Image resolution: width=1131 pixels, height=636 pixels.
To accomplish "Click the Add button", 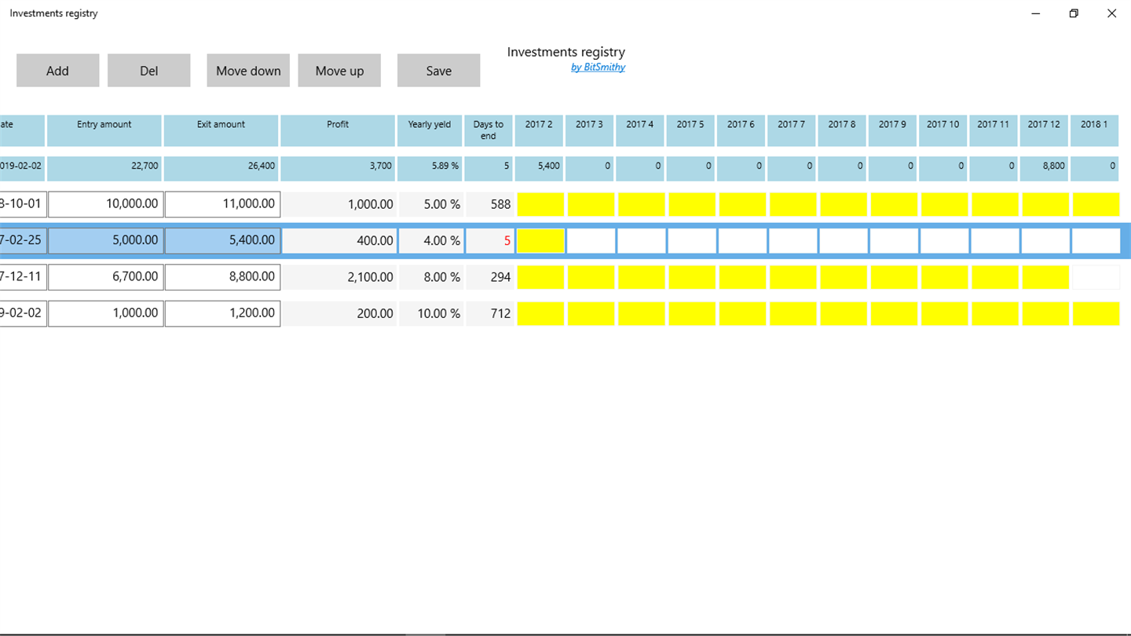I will pyautogui.click(x=57, y=71).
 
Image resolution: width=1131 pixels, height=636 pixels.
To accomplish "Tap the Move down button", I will pyautogui.click(x=248, y=71).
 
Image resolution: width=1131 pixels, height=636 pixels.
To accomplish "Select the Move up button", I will pyautogui.click(x=339, y=71).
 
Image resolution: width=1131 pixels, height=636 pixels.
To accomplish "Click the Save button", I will pyautogui.click(x=438, y=71).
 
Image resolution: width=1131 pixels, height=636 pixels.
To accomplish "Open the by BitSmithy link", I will pyautogui.click(x=598, y=68).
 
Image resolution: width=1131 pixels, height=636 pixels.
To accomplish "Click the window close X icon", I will pyautogui.click(x=1111, y=13).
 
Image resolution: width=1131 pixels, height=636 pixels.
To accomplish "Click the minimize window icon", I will pyautogui.click(x=1036, y=13).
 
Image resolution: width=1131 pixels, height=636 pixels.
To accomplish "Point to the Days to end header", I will pyautogui.click(x=489, y=130).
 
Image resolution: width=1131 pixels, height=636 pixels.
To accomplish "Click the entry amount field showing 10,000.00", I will pyautogui.click(x=106, y=204).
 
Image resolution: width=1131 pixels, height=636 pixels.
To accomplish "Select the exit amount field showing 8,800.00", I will pyautogui.click(x=222, y=276).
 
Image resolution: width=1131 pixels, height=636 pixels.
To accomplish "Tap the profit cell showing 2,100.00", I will pyautogui.click(x=339, y=277).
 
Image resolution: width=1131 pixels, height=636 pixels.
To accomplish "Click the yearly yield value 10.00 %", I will pyautogui.click(x=430, y=313).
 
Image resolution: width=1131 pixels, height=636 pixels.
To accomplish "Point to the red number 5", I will pyautogui.click(x=507, y=241).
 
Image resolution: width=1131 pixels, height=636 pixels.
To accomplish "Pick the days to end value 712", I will pyautogui.click(x=500, y=313).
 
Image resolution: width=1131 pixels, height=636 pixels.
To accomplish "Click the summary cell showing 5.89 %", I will pyautogui.click(x=430, y=166).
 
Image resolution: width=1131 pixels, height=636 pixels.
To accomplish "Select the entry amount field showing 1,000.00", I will pyautogui.click(x=106, y=313).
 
